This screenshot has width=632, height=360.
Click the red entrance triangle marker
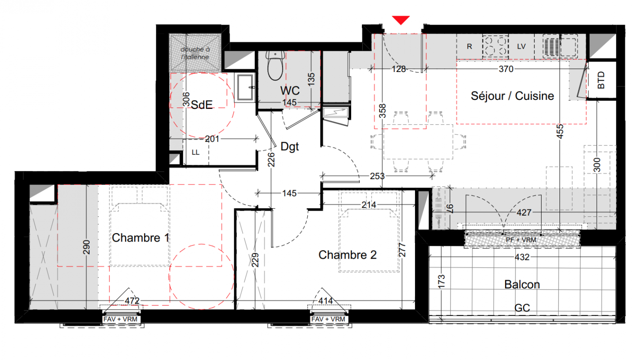401,20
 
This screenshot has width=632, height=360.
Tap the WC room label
290,90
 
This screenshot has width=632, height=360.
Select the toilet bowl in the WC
275,66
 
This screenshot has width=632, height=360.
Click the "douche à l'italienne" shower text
195,53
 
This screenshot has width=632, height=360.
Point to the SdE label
202,105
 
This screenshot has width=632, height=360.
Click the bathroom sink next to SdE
245,87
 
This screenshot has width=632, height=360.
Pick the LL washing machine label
195,153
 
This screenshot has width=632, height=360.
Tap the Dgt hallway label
290,147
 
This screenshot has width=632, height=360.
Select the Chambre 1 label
140,238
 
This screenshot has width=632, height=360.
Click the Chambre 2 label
348,255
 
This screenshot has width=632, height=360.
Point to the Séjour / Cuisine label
512,96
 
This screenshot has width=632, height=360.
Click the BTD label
601,80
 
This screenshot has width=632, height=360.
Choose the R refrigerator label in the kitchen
469,46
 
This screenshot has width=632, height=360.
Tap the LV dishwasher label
521,46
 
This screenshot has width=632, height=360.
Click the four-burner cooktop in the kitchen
496,46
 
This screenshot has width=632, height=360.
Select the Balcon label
522,284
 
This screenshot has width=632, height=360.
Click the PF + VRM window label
521,240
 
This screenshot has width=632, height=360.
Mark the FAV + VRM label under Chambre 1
121,319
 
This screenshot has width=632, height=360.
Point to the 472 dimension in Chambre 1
132,301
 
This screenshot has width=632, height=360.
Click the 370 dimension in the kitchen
506,69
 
